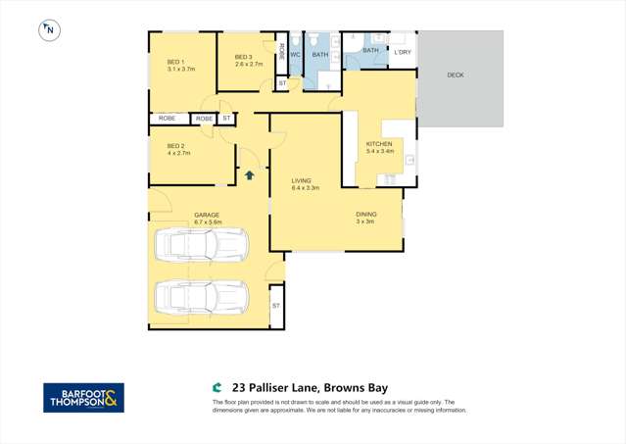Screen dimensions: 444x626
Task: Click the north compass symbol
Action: point(48,30)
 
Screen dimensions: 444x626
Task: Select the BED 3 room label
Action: point(244,57)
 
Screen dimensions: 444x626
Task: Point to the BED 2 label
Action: point(175,146)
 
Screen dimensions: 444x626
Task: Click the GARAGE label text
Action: point(206,215)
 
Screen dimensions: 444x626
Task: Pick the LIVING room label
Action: point(302,180)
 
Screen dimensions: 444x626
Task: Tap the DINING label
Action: point(365,214)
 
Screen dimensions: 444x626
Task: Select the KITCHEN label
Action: point(379,144)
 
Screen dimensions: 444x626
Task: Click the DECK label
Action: point(456,75)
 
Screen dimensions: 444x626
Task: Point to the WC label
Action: point(295,55)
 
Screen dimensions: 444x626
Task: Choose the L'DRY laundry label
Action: point(403,51)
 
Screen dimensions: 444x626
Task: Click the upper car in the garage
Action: point(207,245)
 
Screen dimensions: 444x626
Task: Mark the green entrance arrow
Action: point(250,175)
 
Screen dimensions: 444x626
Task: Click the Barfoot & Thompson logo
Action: point(83,397)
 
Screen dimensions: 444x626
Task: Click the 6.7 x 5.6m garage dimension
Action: point(209,222)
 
